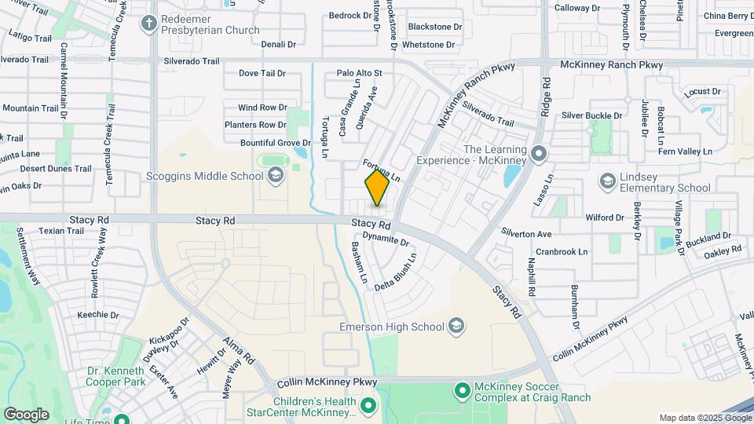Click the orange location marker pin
377,188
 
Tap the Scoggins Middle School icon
275,176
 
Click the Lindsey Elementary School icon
607,182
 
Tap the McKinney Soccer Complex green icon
463,388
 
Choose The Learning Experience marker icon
538,153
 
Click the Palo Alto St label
359,73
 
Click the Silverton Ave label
526,234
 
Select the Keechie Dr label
98,315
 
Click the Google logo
26,414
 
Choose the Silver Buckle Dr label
591,115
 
